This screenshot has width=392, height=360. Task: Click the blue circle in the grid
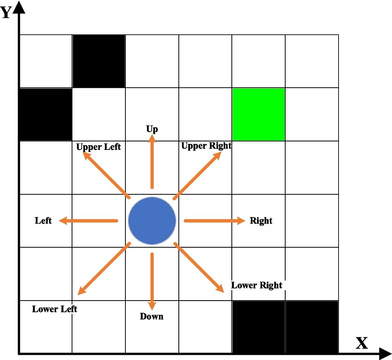pos(152,221)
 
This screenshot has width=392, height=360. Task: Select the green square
pos(259,114)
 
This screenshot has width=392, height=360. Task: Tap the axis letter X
pos(362,343)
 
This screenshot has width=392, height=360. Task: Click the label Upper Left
pos(98,147)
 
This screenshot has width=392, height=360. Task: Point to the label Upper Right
pos(206,146)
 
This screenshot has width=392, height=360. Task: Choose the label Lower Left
pos(55,309)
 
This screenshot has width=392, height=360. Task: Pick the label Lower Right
pos(256,285)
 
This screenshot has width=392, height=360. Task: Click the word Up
pos(152,129)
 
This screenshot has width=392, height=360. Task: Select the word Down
pos(152,316)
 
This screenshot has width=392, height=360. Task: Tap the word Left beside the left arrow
pos(43,221)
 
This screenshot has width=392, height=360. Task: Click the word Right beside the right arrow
pos(261,221)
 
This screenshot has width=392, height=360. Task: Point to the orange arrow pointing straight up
pos(152,162)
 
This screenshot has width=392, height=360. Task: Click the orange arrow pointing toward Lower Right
pos(199,267)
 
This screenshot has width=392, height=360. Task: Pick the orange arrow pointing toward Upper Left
pos(106,175)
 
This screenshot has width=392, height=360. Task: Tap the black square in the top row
pos(99,61)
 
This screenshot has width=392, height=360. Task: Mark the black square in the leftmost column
pos(45,114)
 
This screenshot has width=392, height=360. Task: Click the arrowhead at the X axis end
pos(385,354)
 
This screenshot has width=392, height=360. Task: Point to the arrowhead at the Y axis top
pos(19,7)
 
